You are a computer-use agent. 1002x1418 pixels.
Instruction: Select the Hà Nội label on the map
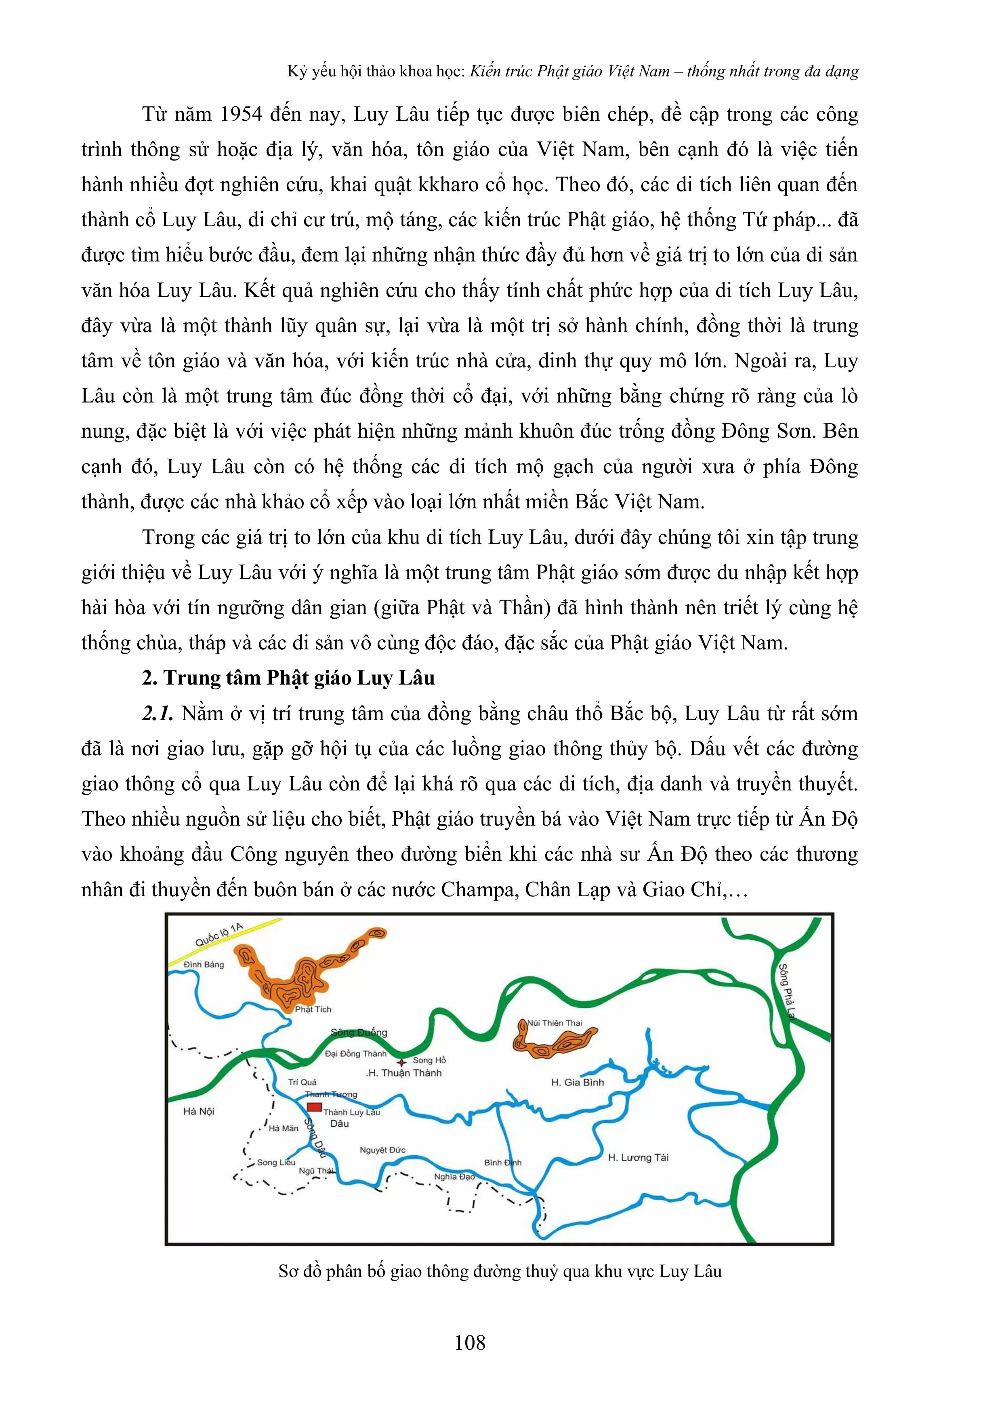[x=199, y=1111]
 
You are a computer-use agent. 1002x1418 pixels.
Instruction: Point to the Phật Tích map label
[x=313, y=1009]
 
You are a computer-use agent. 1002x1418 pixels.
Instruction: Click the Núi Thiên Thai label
[x=555, y=1023]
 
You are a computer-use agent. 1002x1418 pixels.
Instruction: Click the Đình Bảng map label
[x=204, y=964]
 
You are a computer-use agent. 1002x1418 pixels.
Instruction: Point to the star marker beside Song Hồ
[x=402, y=1062]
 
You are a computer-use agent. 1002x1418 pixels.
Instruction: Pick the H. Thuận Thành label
[x=404, y=1073]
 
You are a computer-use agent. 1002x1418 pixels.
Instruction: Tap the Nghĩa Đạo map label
[x=454, y=1176]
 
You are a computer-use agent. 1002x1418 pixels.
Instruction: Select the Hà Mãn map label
[x=284, y=1128]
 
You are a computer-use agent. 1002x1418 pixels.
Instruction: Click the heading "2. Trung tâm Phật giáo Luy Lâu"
[x=288, y=678]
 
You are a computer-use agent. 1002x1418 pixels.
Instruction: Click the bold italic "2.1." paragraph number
[x=158, y=713]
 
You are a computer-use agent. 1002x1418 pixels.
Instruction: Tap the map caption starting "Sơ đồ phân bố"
[x=500, y=1272]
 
